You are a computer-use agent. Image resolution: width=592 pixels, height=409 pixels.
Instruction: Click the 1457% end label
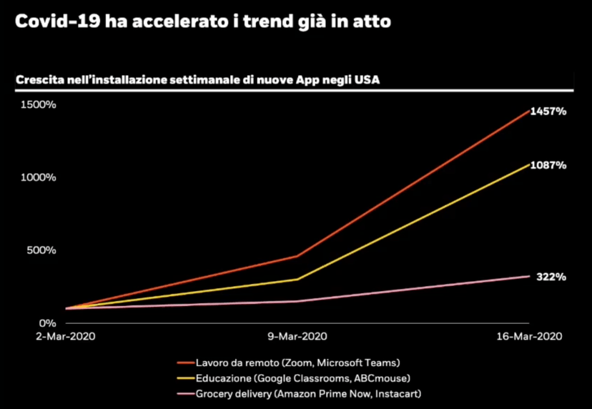tap(548, 111)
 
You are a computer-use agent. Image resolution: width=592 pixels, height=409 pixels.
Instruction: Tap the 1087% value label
tap(548, 165)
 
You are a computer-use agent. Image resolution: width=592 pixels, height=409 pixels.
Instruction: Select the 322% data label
tap(551, 277)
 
